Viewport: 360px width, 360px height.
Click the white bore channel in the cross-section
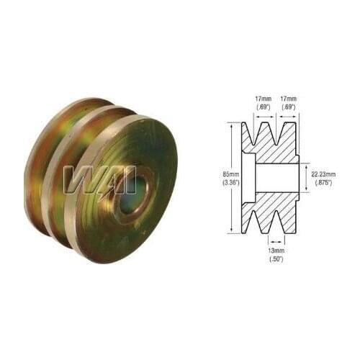click(277, 178)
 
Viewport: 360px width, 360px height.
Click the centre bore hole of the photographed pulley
click(135, 191)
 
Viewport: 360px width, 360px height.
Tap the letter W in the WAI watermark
click(81, 180)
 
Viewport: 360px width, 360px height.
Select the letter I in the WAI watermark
click(130, 180)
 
